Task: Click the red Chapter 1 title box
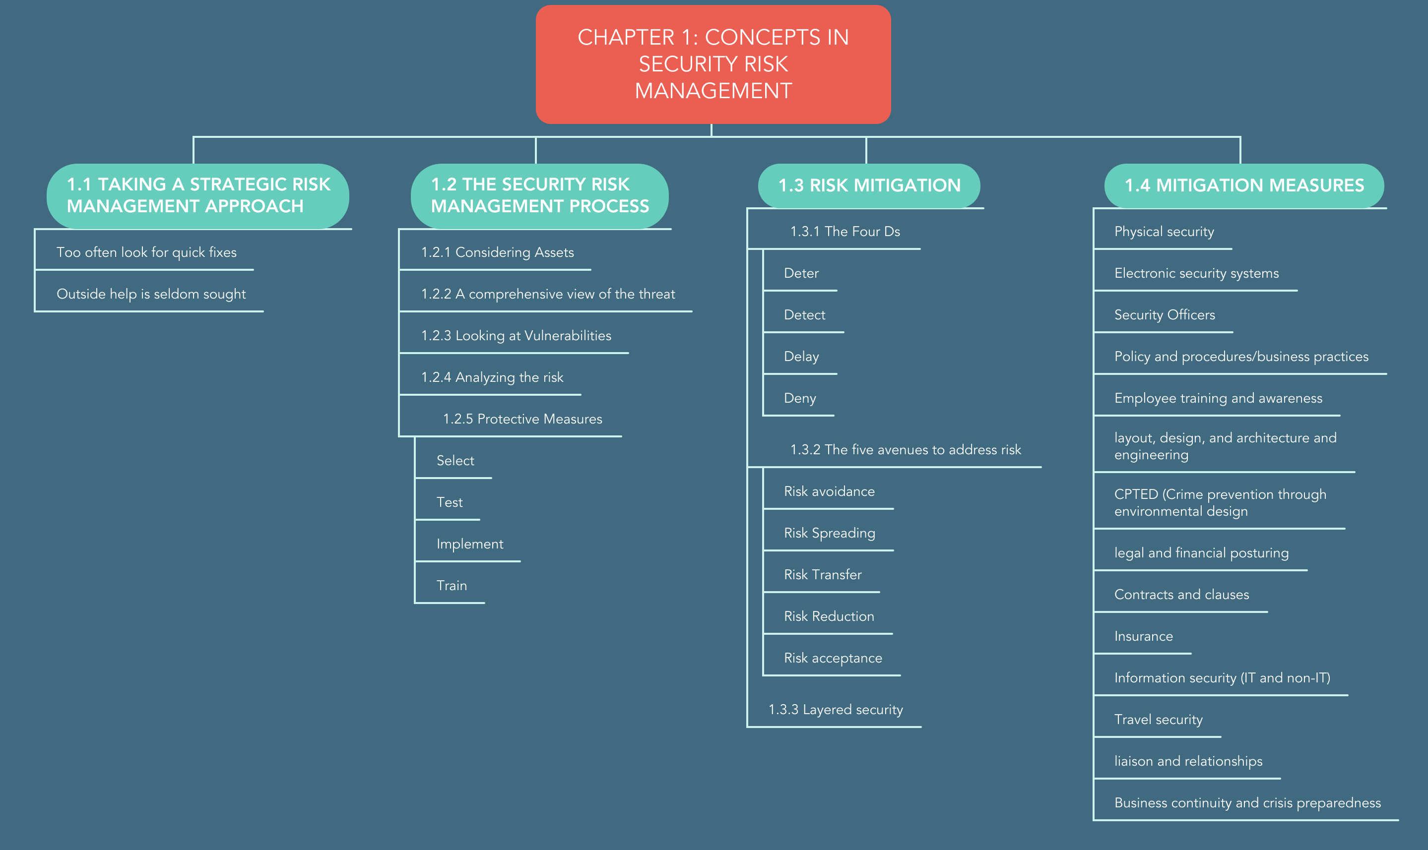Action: [713, 64]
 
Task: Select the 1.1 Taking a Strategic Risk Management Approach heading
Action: [197, 196]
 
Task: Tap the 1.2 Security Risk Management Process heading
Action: [540, 196]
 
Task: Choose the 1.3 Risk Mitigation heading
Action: [869, 185]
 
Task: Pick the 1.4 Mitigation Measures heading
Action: [1244, 185]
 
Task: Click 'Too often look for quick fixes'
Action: [147, 252]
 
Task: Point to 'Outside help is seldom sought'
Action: [151, 294]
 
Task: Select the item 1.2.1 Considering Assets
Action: [497, 252]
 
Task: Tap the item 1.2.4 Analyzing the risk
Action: [492, 377]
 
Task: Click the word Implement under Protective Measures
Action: [470, 544]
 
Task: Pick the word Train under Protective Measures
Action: [452, 585]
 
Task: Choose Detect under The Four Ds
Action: [804, 314]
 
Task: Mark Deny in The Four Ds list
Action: [800, 398]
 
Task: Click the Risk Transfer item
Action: [823, 574]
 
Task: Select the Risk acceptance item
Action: [833, 658]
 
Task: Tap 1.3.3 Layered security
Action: [836, 710]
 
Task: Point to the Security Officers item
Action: [1165, 314]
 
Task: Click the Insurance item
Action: [1144, 636]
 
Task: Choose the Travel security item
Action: [1159, 720]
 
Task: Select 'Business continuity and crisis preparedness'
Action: [1247, 803]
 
